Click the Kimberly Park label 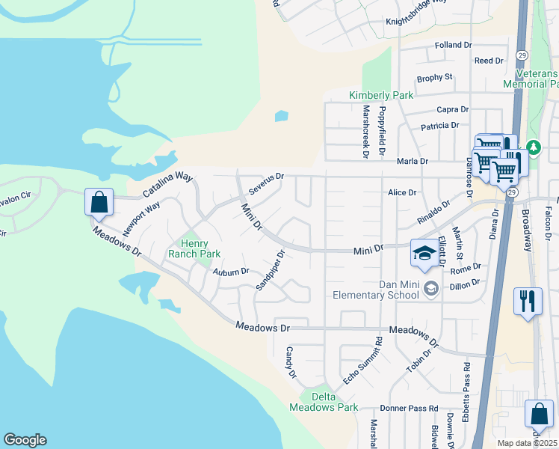click(x=381, y=96)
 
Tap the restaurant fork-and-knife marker click(x=528, y=301)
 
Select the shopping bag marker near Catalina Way click(x=99, y=202)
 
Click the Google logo click(x=25, y=440)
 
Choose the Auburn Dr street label click(x=230, y=272)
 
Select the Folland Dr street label click(x=454, y=45)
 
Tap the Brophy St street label click(x=435, y=77)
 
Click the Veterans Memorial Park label click(x=537, y=79)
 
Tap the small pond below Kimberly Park click(x=281, y=116)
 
